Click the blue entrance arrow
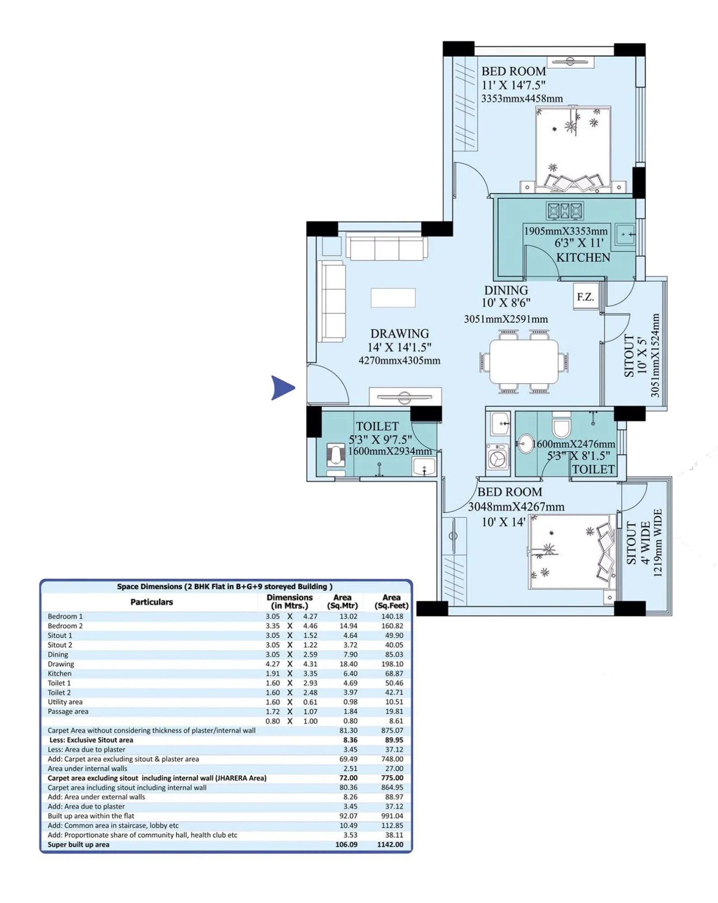282,388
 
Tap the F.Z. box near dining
585,297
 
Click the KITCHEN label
583,257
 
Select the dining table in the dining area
524,362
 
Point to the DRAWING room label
399,333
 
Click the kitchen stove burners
564,211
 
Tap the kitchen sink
625,234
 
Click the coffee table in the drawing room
393,298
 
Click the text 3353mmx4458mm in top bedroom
522,98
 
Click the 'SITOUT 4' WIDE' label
638,543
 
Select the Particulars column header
151,602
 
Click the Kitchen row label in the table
59,674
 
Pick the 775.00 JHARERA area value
392,778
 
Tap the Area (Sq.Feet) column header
391,601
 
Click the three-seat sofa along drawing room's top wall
387,248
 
